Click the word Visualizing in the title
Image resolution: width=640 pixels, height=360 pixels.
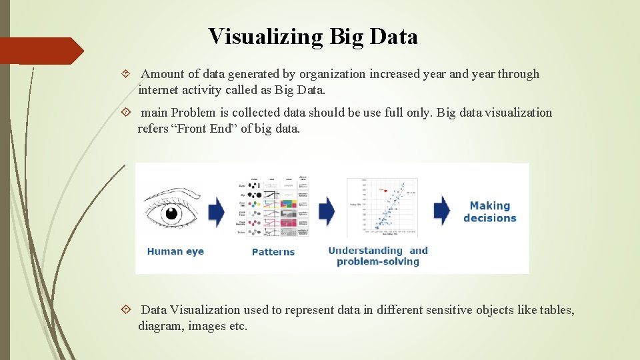pyautogui.click(x=266, y=37)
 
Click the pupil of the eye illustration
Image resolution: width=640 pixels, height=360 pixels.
pyautogui.click(x=172, y=213)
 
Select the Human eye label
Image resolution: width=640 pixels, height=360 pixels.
pyautogui.click(x=175, y=251)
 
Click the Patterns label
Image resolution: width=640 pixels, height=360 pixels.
pyautogui.click(x=273, y=252)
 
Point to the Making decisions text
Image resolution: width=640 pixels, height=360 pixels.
pyautogui.click(x=490, y=212)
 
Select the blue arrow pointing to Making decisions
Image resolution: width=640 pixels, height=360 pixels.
pyautogui.click(x=442, y=211)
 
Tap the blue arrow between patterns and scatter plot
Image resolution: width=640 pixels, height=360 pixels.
pyautogui.click(x=327, y=211)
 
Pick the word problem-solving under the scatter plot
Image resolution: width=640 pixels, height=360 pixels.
pyautogui.click(x=378, y=262)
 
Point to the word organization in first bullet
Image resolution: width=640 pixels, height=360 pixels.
pyautogui.click(x=332, y=74)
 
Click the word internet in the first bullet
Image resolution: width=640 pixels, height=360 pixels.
pyautogui.click(x=160, y=89)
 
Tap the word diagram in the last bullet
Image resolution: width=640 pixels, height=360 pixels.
pyautogui.click(x=161, y=326)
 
